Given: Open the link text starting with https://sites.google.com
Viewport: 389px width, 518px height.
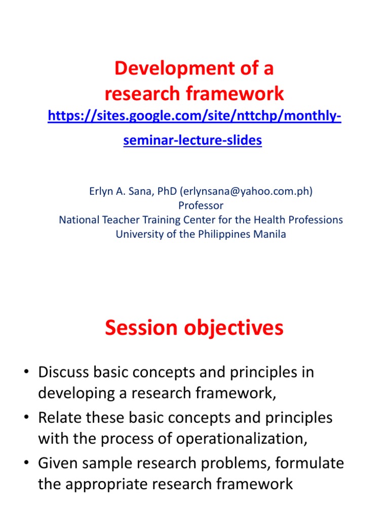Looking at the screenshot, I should coord(194,117).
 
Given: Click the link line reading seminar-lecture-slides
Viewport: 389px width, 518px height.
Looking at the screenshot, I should coord(192,141).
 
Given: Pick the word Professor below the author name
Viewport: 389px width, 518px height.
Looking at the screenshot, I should coord(201,205).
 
